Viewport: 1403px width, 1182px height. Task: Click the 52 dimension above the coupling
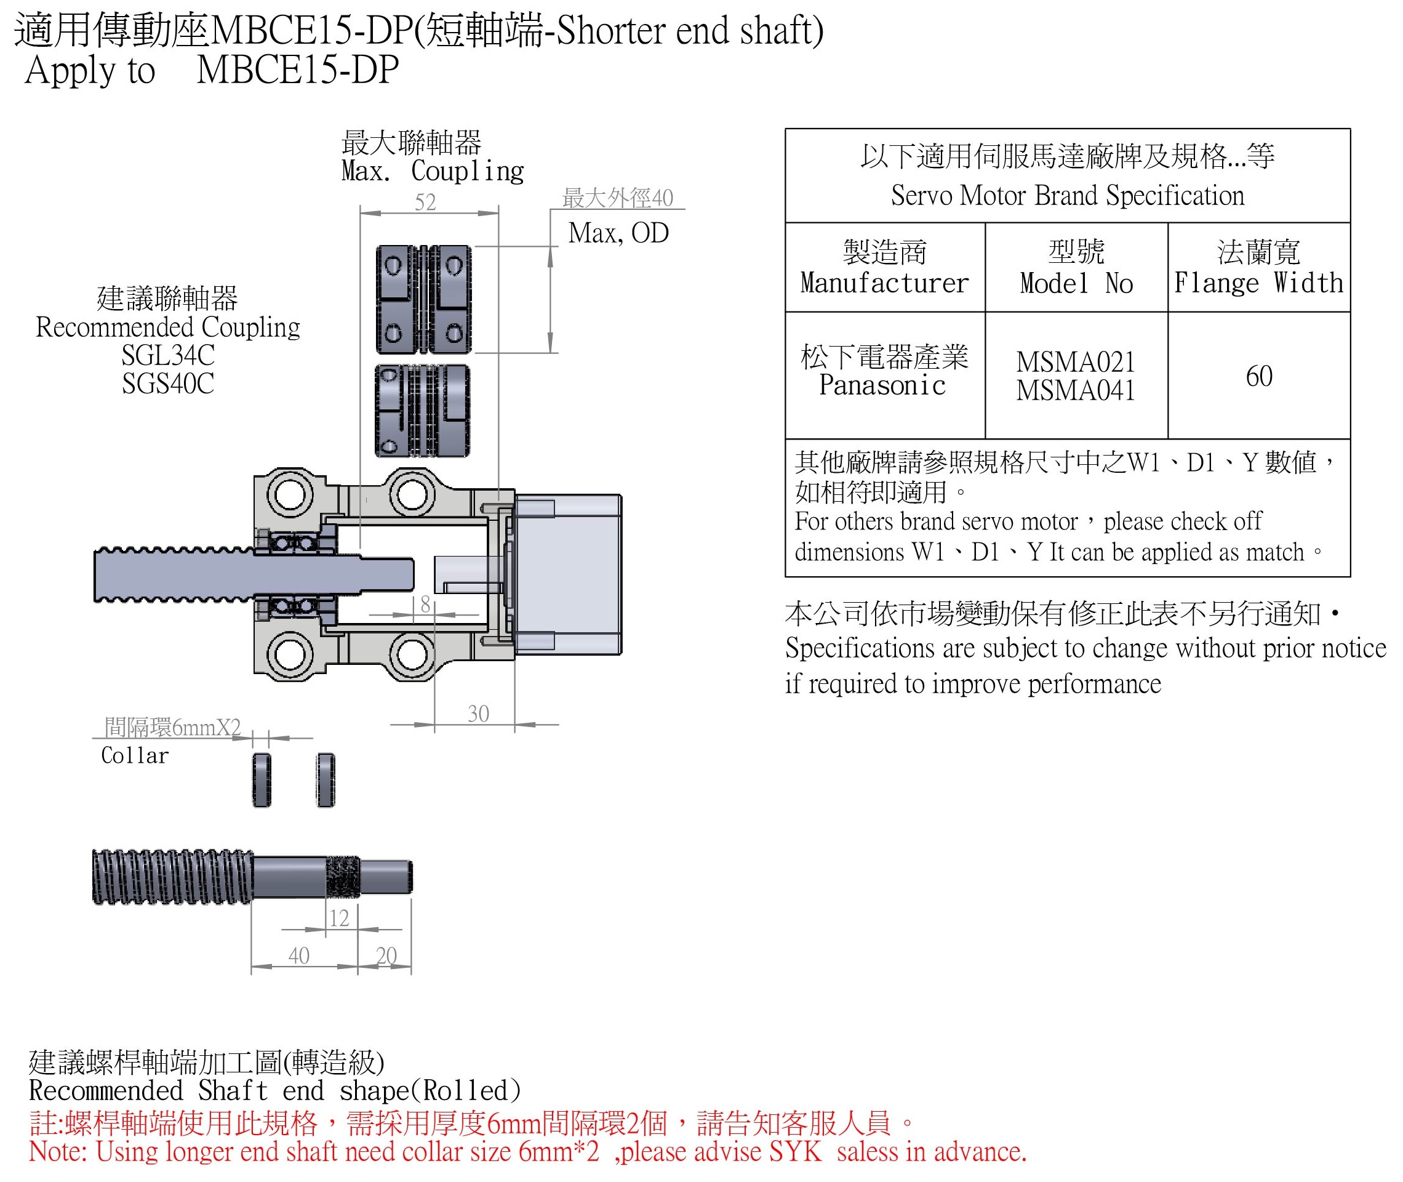pos(425,202)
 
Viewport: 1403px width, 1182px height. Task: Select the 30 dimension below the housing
pos(478,714)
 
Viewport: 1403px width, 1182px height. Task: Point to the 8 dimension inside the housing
pos(425,605)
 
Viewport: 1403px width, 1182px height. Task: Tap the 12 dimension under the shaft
pos(339,918)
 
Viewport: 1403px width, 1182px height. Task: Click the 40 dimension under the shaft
pos(298,955)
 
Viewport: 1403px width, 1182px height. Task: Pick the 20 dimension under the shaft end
pos(386,955)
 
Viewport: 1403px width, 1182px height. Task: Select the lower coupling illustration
pos(422,411)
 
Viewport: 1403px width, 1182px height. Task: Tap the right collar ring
pos(326,780)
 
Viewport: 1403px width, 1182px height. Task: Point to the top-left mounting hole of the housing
pos(290,495)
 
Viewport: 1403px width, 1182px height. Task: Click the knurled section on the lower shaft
pos(343,877)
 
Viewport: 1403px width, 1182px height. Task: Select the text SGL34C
pos(168,355)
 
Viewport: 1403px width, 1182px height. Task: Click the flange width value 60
pos(1259,376)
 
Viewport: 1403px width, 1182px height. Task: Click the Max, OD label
pos(618,233)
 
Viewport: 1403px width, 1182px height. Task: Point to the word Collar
pos(135,756)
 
